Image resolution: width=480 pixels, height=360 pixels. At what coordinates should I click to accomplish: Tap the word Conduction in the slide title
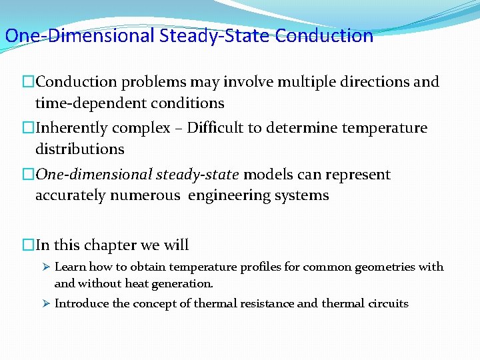(x=324, y=35)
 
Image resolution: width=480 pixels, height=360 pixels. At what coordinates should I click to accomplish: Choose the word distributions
(x=79, y=149)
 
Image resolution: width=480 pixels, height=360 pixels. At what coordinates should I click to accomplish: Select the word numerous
(x=151, y=195)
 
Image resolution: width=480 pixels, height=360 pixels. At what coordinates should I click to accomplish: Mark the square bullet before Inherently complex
(x=28, y=128)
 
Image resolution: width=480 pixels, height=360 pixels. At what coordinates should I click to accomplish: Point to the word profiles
(x=255, y=267)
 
